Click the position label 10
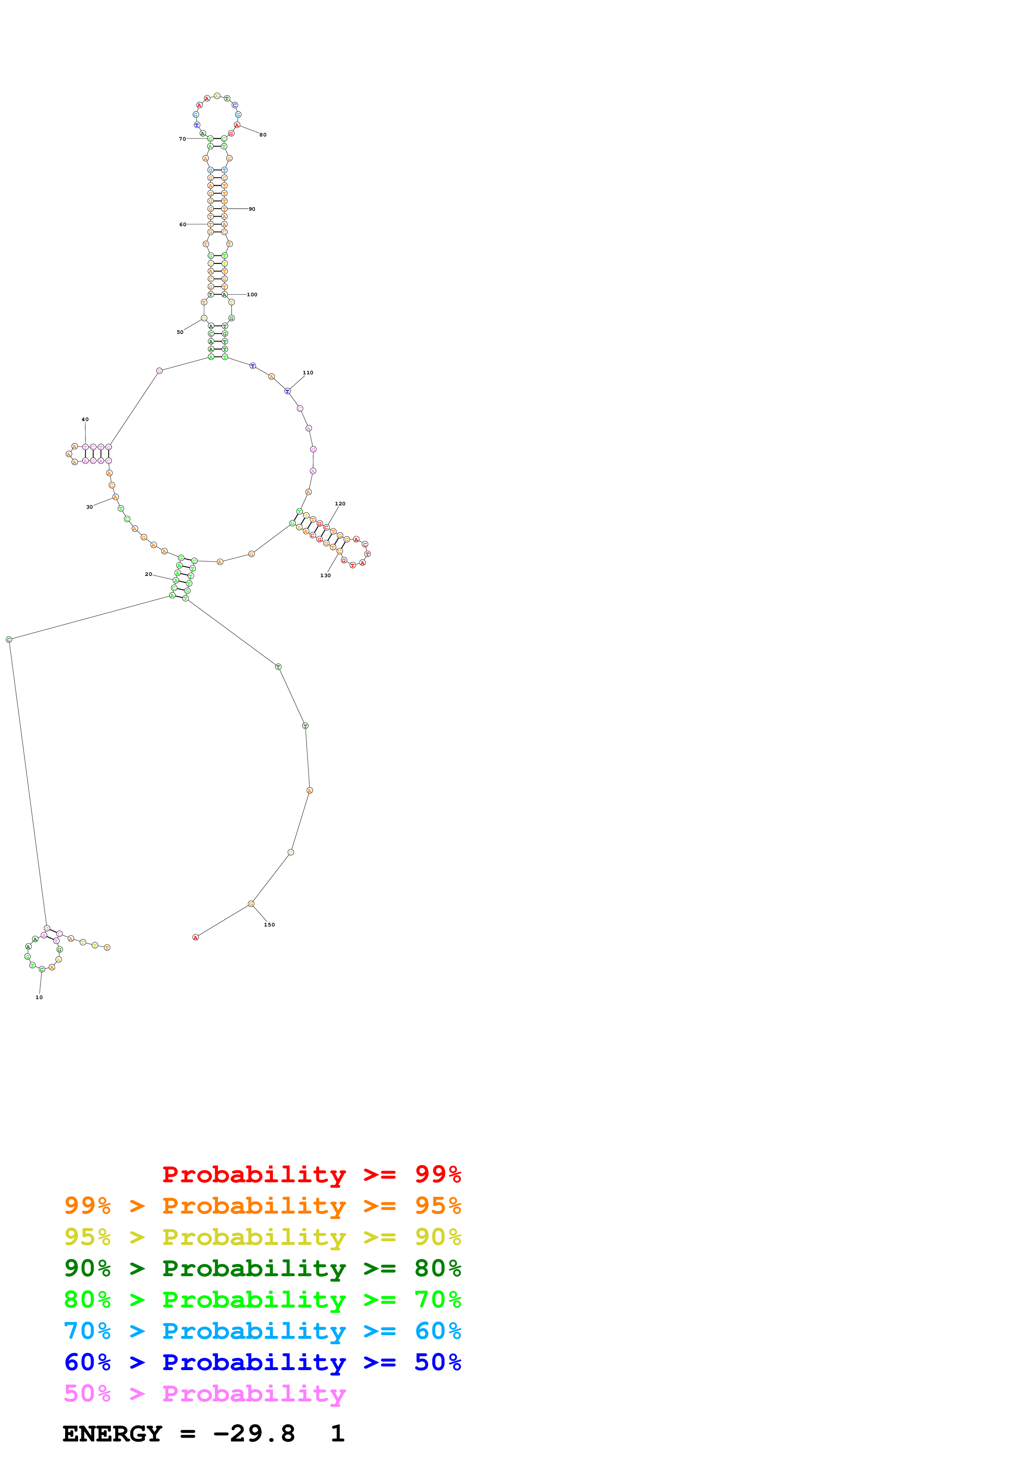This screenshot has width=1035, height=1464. (39, 997)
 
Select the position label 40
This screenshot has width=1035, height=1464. (85, 419)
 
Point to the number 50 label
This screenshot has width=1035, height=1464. (180, 332)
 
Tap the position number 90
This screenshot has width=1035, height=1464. (252, 209)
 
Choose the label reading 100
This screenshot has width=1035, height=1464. (252, 295)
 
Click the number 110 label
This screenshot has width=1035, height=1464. (308, 372)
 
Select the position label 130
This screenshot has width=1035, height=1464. (325, 575)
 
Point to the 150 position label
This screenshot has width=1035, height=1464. (269, 924)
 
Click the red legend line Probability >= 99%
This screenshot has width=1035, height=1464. (311, 1174)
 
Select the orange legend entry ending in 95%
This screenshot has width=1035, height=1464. (263, 1206)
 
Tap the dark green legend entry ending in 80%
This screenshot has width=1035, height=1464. (263, 1268)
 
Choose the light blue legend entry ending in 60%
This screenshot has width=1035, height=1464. (263, 1331)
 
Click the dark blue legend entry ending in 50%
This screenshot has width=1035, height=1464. (263, 1362)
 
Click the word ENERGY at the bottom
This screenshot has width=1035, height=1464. (112, 1434)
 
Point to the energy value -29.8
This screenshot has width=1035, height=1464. (254, 1434)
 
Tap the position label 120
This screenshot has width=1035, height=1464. (340, 504)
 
